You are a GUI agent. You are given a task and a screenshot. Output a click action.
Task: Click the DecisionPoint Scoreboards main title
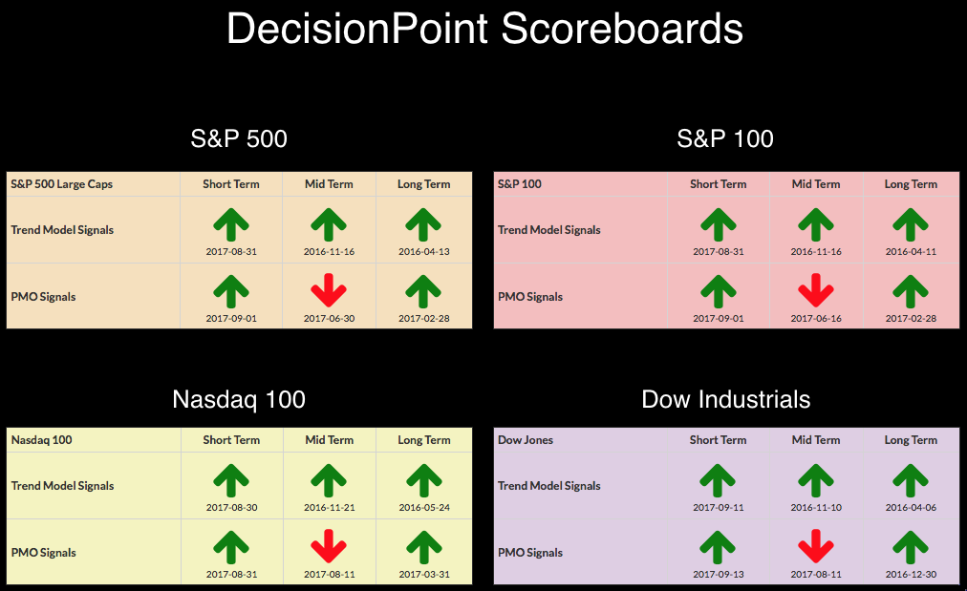click(484, 29)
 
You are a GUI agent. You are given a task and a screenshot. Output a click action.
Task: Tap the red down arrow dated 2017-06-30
click(329, 290)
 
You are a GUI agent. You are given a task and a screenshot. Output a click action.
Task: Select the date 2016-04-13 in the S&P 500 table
click(423, 251)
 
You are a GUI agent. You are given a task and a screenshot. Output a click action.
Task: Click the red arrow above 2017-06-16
click(816, 290)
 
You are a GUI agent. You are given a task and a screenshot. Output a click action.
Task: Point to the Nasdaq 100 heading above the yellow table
click(239, 399)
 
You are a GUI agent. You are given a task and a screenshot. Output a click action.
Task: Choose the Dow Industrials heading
click(726, 399)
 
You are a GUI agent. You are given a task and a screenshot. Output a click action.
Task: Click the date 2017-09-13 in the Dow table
click(719, 575)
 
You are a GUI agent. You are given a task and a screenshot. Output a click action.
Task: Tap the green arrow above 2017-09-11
click(718, 480)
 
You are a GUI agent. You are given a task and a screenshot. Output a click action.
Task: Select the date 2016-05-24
click(424, 508)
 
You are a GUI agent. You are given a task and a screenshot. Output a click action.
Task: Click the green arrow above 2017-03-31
click(424, 547)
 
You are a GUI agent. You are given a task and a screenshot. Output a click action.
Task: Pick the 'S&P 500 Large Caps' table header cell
click(62, 184)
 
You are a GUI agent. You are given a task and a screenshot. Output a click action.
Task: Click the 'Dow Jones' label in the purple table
click(526, 440)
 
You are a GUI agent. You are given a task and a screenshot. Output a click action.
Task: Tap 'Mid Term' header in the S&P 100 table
click(816, 184)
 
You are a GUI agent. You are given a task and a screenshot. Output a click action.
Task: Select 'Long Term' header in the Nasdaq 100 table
click(424, 440)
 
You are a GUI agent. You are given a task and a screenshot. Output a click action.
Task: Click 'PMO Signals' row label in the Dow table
click(530, 553)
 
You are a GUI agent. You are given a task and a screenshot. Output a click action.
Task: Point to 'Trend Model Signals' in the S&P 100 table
click(548, 230)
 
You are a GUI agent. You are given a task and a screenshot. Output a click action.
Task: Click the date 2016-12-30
click(911, 575)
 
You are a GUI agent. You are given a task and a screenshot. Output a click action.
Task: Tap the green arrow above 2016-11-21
click(329, 480)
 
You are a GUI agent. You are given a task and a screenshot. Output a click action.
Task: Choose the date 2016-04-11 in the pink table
click(911, 251)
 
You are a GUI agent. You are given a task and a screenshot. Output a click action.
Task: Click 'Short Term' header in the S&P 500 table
click(231, 184)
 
